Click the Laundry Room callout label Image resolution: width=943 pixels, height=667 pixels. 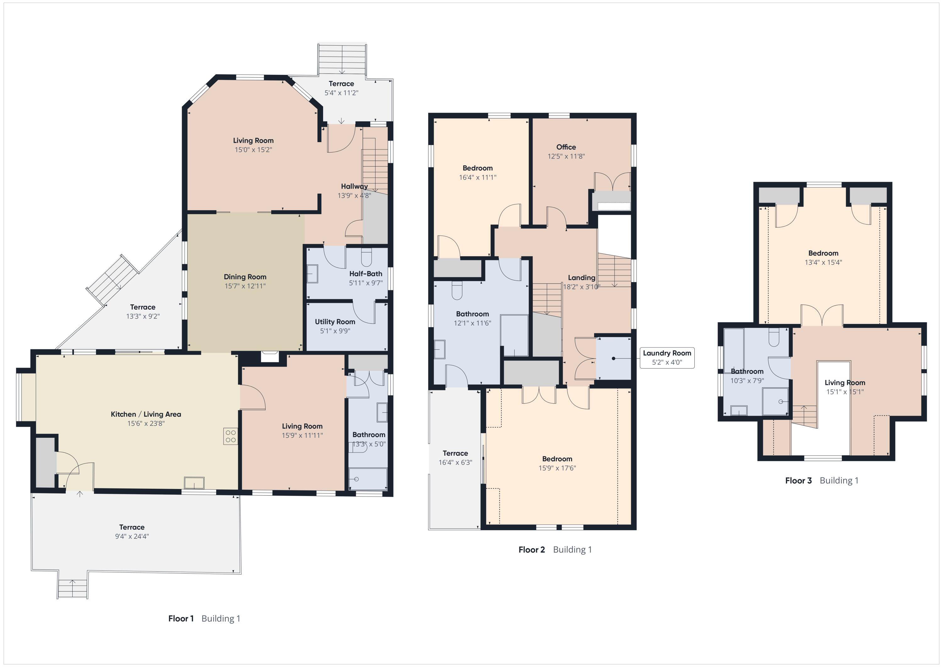(x=667, y=353)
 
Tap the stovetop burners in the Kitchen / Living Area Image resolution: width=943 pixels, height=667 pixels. (x=230, y=436)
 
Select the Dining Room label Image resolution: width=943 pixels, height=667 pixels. (x=245, y=277)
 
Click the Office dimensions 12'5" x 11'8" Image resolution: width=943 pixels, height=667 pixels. (x=566, y=156)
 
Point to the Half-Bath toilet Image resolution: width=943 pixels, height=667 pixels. (x=367, y=257)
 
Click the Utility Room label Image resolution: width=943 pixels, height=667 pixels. (x=335, y=322)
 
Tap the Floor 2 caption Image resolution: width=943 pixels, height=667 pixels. (x=532, y=549)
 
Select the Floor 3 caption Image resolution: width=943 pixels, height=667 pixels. (x=798, y=481)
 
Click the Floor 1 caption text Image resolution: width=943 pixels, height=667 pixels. (x=181, y=619)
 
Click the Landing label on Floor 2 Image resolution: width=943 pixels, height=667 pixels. (x=582, y=278)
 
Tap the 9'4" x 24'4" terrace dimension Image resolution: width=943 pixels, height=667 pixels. (x=132, y=536)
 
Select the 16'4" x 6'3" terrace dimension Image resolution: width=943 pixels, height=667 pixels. (x=455, y=462)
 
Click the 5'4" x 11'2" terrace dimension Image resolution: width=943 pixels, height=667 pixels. (x=341, y=93)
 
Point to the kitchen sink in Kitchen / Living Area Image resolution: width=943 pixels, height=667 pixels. (x=194, y=482)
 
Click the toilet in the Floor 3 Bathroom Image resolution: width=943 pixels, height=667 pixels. (x=774, y=337)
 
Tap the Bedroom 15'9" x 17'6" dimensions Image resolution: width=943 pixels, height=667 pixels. (x=557, y=468)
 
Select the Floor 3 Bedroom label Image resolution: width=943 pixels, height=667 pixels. (x=824, y=253)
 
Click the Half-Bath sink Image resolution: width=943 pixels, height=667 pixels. (x=312, y=274)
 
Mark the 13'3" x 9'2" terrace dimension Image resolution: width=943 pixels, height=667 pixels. (x=143, y=316)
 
